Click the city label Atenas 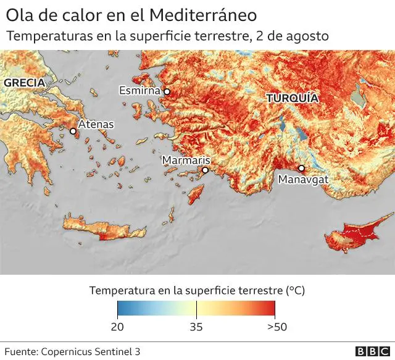coord(96,124)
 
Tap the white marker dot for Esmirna coord(167,91)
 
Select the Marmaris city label coord(186,161)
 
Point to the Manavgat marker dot coord(301,168)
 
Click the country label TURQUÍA coord(292,98)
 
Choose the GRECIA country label coord(24,82)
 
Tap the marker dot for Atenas coord(73,131)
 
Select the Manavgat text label coord(303,180)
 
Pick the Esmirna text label coord(139,91)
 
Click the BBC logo coord(372,351)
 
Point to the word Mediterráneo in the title coord(201,14)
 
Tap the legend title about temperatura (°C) coord(197,290)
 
